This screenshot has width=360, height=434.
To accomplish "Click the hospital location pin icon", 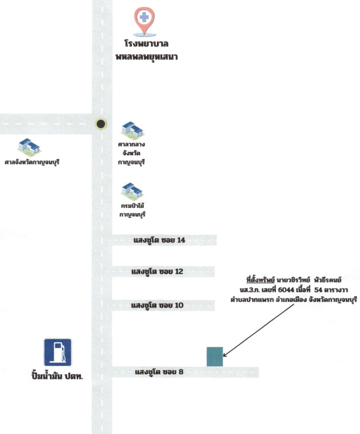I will (144, 20).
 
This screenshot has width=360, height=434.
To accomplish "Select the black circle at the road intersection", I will (100, 124).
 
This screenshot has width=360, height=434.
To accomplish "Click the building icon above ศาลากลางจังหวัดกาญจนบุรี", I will (131, 130).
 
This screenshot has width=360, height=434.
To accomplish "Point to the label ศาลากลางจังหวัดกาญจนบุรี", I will (132, 154).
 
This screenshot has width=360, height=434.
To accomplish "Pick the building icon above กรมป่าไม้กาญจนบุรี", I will (132, 191).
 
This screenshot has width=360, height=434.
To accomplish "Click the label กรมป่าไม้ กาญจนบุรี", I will (132, 210).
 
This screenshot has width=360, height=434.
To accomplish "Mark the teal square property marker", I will (214, 356).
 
